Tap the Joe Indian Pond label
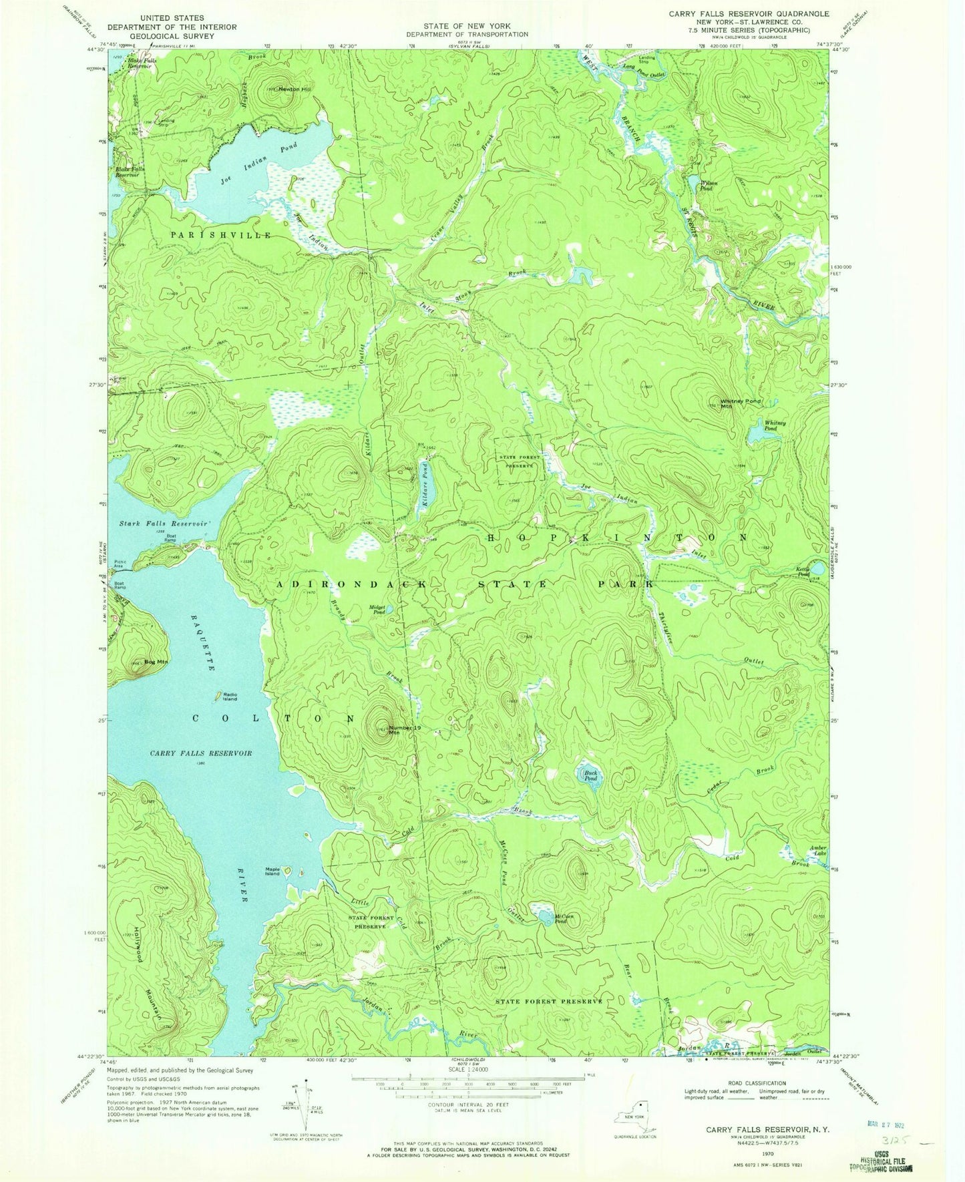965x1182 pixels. (x=258, y=165)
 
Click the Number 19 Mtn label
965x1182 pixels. (x=403, y=730)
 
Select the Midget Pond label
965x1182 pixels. (x=377, y=609)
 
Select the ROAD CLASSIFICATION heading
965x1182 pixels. (x=758, y=1083)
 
